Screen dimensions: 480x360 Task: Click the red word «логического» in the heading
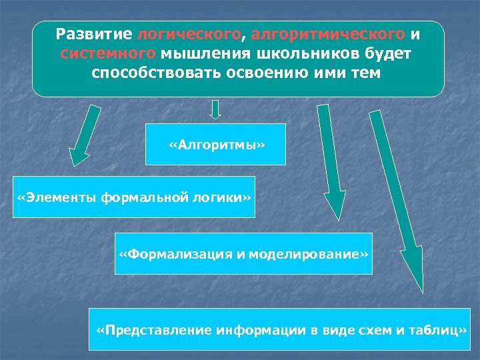(x=189, y=33)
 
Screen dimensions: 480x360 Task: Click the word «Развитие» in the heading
(x=95, y=33)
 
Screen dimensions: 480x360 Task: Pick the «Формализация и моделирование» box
(x=243, y=253)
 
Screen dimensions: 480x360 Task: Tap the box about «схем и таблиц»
(x=281, y=329)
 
